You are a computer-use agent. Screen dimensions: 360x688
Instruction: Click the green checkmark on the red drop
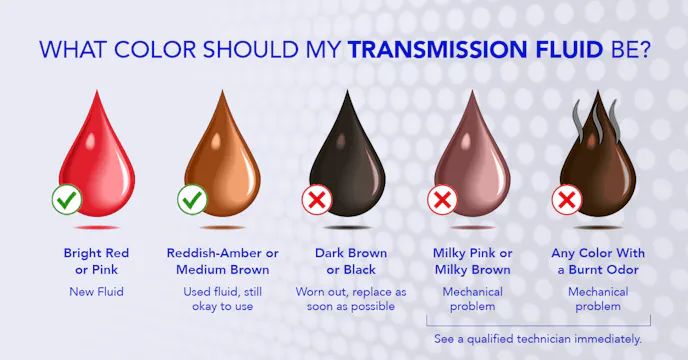click(x=67, y=200)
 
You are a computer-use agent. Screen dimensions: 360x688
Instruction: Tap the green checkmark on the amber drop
click(x=192, y=200)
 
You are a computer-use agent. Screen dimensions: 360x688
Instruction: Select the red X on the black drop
click(x=317, y=200)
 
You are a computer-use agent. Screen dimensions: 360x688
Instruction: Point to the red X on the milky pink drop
click(x=442, y=200)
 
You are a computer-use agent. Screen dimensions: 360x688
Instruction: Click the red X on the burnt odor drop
click(x=567, y=200)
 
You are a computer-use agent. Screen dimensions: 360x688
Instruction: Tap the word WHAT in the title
click(x=76, y=48)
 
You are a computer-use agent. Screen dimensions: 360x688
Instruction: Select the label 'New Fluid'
click(x=96, y=291)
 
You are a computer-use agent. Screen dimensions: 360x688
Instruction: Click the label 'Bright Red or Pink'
click(x=96, y=261)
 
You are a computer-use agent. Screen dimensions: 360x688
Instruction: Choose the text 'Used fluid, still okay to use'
click(x=222, y=298)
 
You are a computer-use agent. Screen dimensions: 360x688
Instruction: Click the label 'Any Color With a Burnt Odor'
click(x=596, y=261)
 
